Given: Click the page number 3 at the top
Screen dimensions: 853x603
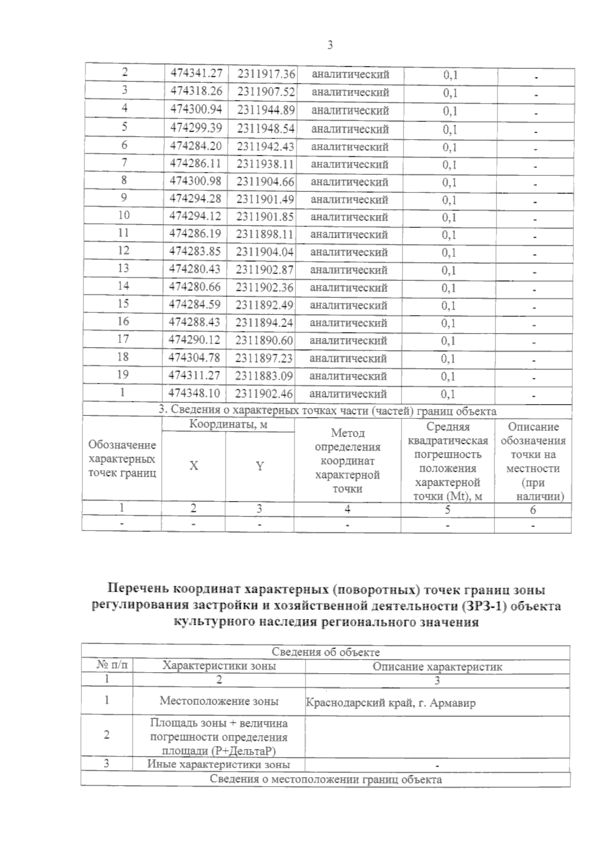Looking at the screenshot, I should point(330,45).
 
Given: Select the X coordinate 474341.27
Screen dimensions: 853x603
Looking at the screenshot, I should point(196,74).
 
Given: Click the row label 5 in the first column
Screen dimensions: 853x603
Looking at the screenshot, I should point(124,127).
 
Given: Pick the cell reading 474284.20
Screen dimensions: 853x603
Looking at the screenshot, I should point(195,146).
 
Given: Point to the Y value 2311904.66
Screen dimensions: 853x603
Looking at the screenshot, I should point(265,182).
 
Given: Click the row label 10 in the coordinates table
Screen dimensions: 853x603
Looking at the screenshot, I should point(124,216).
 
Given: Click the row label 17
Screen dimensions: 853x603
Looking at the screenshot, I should point(123,339).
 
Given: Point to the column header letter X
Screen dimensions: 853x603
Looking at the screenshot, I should point(193,466).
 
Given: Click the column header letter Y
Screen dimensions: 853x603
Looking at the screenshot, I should point(259,466).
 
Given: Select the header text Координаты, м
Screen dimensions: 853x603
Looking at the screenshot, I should point(228,424).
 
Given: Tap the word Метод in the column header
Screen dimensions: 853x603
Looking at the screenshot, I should point(347,433).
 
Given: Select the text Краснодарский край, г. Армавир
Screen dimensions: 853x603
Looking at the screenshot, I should point(390,703).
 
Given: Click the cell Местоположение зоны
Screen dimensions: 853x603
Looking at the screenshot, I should point(219,701).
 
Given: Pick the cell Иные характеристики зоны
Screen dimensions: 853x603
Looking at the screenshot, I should point(219,765).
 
